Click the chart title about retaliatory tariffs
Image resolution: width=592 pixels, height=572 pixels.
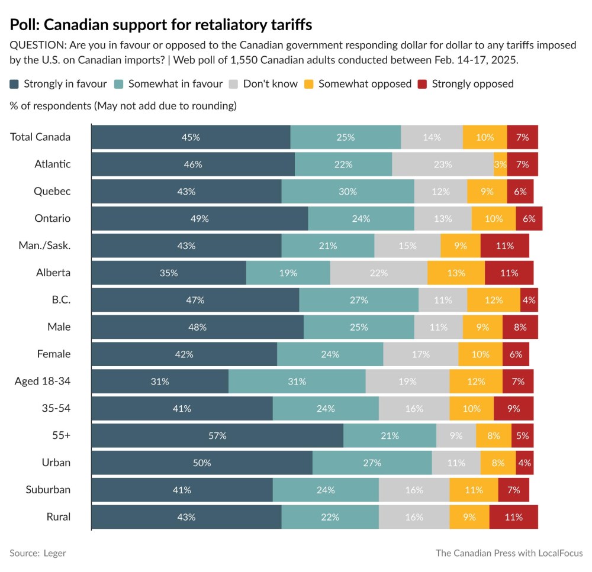click(x=161, y=25)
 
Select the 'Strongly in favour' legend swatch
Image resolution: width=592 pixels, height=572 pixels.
click(x=15, y=84)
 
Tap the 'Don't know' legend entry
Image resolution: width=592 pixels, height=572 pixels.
click(x=270, y=84)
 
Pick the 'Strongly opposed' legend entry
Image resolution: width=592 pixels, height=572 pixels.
click(x=472, y=84)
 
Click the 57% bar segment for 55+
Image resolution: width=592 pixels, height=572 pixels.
click(x=217, y=435)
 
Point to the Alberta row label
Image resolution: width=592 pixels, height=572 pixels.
click(x=53, y=273)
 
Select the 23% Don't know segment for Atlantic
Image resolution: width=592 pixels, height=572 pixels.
click(x=442, y=164)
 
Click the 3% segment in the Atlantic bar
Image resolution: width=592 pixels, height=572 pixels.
click(x=500, y=164)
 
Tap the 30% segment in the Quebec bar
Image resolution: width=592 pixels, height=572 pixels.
click(x=348, y=192)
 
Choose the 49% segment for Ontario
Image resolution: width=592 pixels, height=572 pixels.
click(x=200, y=218)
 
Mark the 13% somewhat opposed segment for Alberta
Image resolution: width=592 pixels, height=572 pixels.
click(x=456, y=273)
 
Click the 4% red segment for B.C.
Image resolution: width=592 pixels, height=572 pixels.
click(x=529, y=300)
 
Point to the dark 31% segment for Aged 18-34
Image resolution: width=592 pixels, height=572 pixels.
click(x=160, y=382)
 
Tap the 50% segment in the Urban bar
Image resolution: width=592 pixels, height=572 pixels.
click(x=202, y=463)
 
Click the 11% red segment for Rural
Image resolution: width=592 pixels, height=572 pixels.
click(x=513, y=517)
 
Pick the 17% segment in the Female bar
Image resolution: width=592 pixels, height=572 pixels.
click(x=420, y=354)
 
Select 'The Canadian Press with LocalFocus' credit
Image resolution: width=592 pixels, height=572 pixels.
click(x=509, y=553)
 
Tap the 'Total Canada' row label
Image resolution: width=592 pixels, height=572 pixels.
click(x=40, y=137)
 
